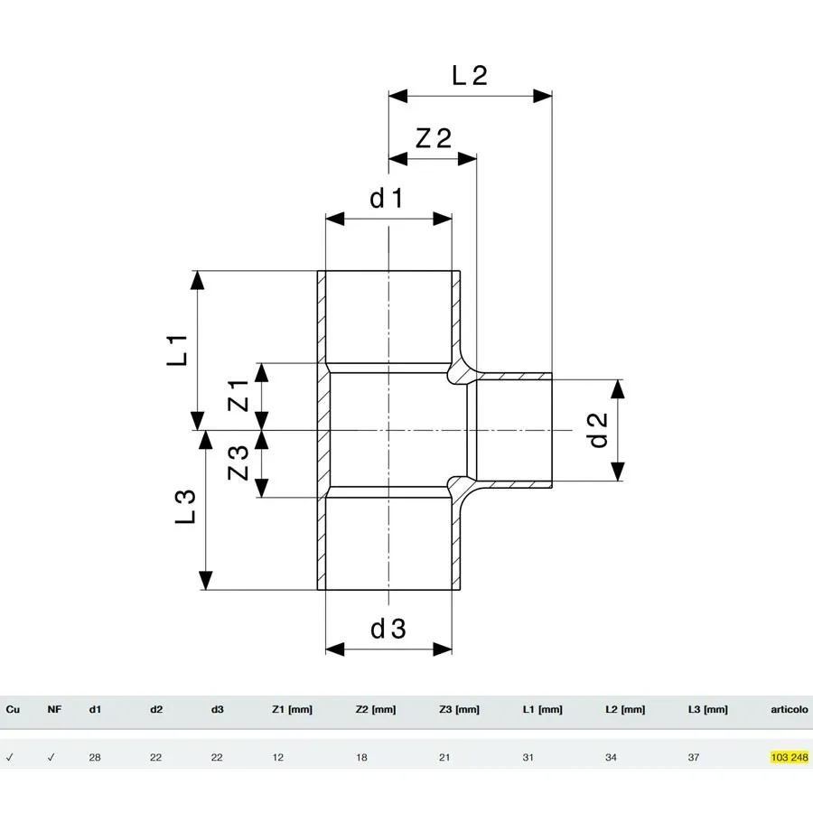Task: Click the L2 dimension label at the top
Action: tap(470, 76)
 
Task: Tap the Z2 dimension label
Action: tap(434, 138)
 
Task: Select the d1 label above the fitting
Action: tap(387, 198)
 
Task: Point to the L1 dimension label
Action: tap(177, 350)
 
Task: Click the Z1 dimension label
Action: tap(238, 395)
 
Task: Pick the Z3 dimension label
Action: tap(238, 463)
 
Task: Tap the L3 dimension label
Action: tap(185, 507)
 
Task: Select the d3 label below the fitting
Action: tap(388, 629)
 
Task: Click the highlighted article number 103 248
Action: tap(790, 758)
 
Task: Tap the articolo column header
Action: tap(790, 709)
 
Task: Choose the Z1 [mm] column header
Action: tap(293, 709)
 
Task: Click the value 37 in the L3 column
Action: tap(694, 758)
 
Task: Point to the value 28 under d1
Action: tap(95, 758)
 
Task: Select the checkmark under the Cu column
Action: tap(9, 758)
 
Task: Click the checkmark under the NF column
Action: tap(51, 758)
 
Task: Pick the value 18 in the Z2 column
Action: tap(361, 758)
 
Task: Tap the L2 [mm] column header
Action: tap(625, 709)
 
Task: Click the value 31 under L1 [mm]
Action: tap(528, 758)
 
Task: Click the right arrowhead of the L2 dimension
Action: tap(542, 96)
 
